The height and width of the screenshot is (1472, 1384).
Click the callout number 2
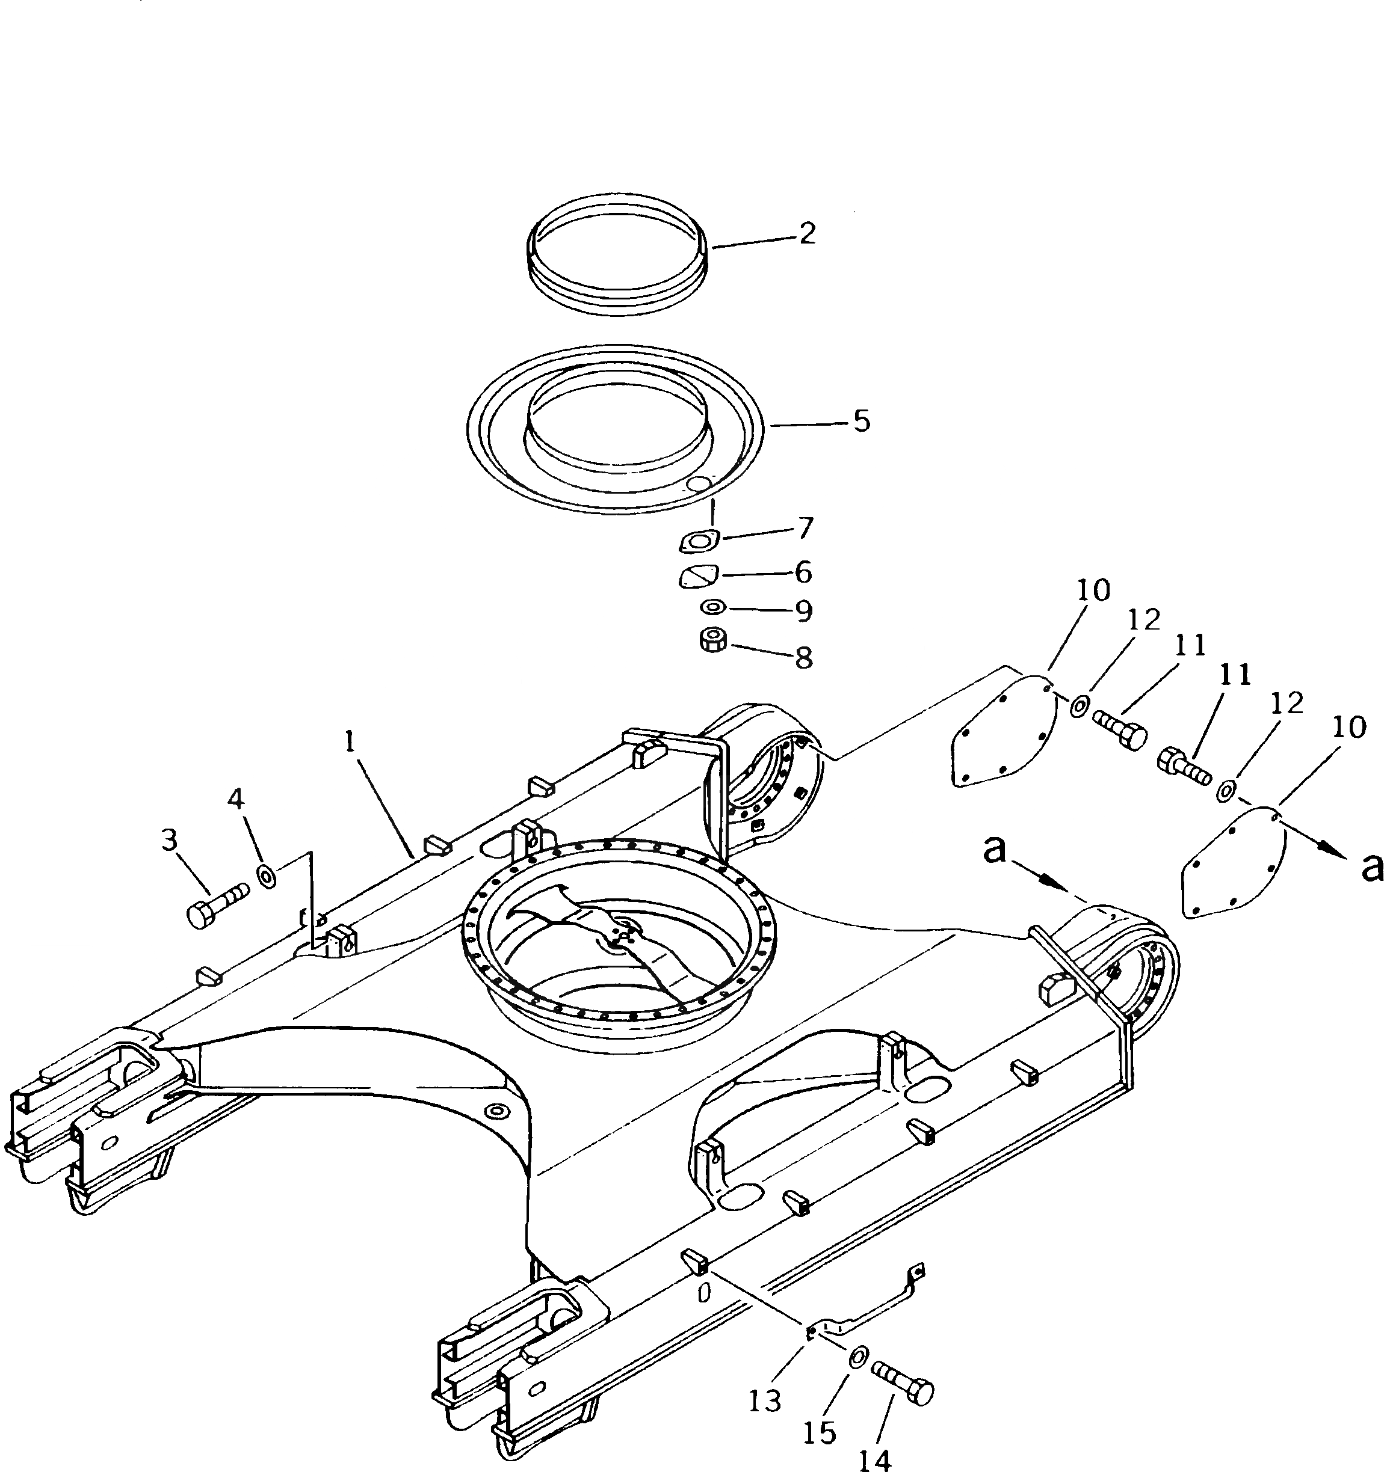pos(807,233)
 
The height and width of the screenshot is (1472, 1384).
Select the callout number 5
pos(861,422)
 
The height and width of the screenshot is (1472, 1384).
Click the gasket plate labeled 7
pos(699,542)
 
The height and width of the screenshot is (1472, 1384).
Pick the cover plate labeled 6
pos(698,575)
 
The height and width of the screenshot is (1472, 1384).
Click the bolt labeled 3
pos(214,906)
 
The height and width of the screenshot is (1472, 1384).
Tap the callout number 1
pos(350,740)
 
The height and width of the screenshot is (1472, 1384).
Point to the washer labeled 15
pos(858,1357)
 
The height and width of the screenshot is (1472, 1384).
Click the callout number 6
pos(803,572)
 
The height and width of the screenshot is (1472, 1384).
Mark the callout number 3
pos(169,839)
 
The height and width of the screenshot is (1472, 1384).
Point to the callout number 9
pos(804,611)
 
